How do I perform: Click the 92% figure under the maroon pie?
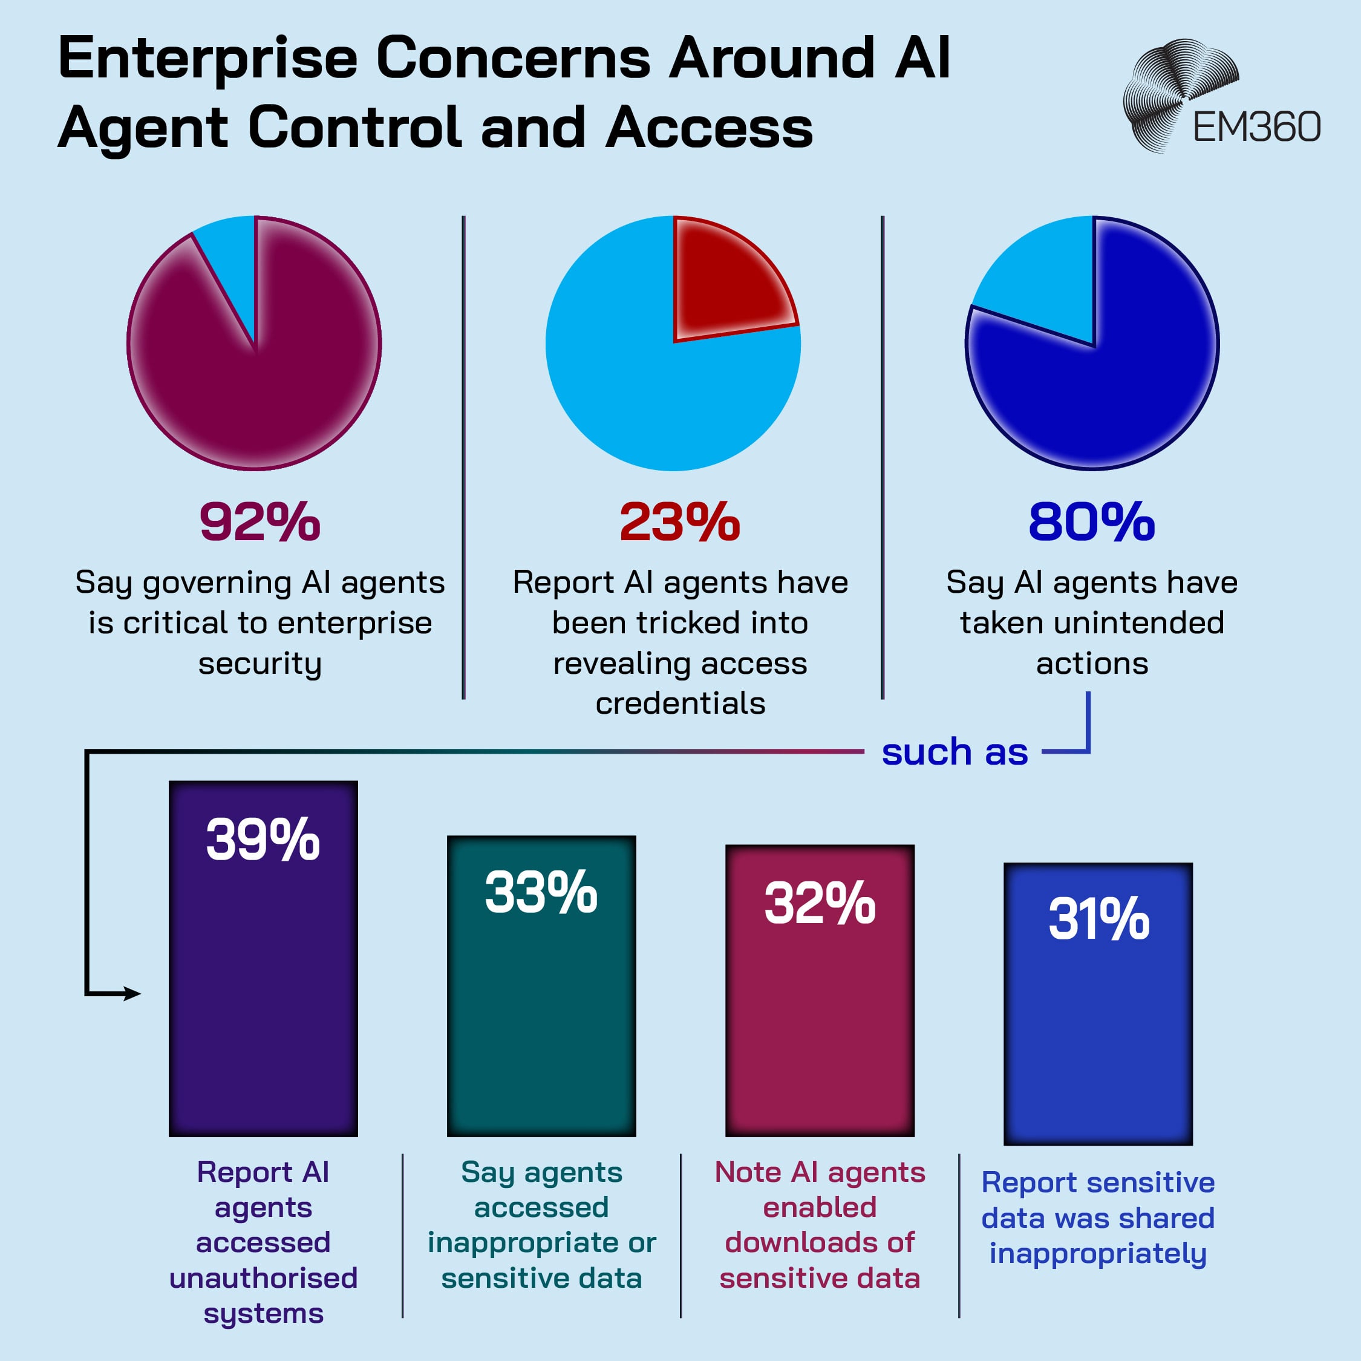coord(260,522)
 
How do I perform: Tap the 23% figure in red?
coord(680,522)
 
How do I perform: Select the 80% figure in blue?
coord(1091,522)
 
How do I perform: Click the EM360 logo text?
coord(1256,128)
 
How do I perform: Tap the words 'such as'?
coord(955,752)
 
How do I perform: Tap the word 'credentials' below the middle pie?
coord(680,703)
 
